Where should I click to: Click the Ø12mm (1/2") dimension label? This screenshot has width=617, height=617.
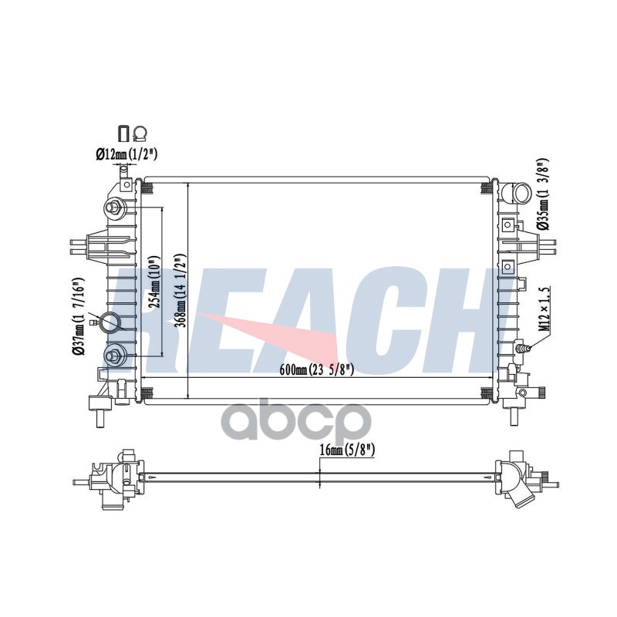tap(126, 154)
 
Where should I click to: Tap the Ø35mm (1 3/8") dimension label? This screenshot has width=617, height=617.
tap(543, 194)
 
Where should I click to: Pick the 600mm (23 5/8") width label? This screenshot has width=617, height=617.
tap(317, 369)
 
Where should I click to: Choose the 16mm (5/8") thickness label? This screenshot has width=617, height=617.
tap(346, 450)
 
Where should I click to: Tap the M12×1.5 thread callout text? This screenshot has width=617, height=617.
tap(544, 309)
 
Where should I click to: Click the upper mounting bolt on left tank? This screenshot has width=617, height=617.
tap(115, 207)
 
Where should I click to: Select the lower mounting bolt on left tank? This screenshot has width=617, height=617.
tap(114, 356)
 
